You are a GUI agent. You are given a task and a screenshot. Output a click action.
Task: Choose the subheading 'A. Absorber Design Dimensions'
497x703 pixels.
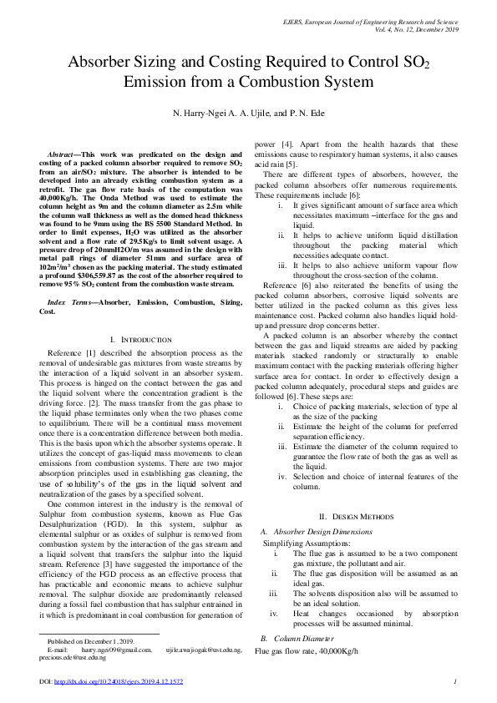point(315,531)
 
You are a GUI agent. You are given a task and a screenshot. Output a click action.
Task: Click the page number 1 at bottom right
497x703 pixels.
point(454,681)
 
